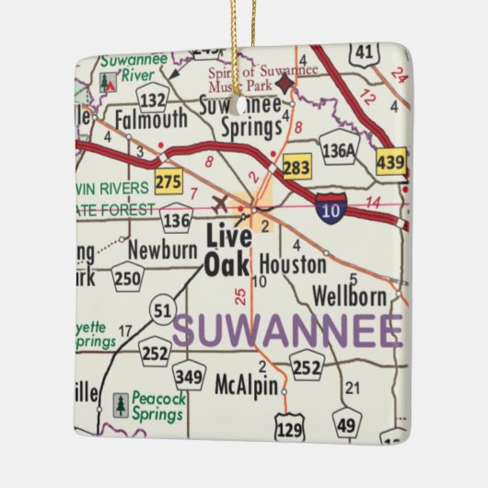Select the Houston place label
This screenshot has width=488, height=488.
292,265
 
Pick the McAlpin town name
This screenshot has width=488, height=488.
245,385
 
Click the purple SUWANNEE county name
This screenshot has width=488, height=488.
287,331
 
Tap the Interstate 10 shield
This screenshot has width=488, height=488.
331,208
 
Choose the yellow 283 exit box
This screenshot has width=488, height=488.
296,167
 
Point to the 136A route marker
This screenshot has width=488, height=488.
339,147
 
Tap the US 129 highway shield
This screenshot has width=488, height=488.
288,424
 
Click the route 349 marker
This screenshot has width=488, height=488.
189,374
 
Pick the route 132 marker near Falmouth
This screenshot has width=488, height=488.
154,96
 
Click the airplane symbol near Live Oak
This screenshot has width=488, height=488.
220,203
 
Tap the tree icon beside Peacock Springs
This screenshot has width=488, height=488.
121,403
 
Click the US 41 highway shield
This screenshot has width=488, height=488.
366,54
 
